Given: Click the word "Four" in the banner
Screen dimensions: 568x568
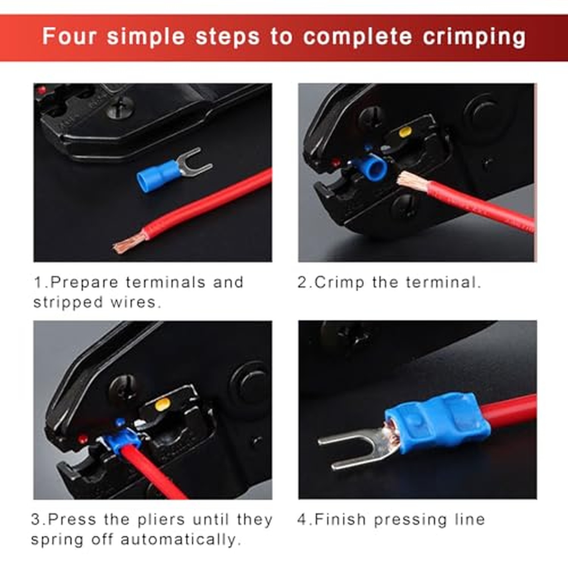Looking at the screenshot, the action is point(69,36).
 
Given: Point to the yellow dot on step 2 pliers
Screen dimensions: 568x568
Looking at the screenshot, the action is point(406,132).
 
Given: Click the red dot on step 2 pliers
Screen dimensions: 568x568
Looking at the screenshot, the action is point(335,163).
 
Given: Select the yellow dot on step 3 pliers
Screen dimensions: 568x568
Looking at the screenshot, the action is point(162,404).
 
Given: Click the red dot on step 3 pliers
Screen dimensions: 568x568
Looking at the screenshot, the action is point(81,439).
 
